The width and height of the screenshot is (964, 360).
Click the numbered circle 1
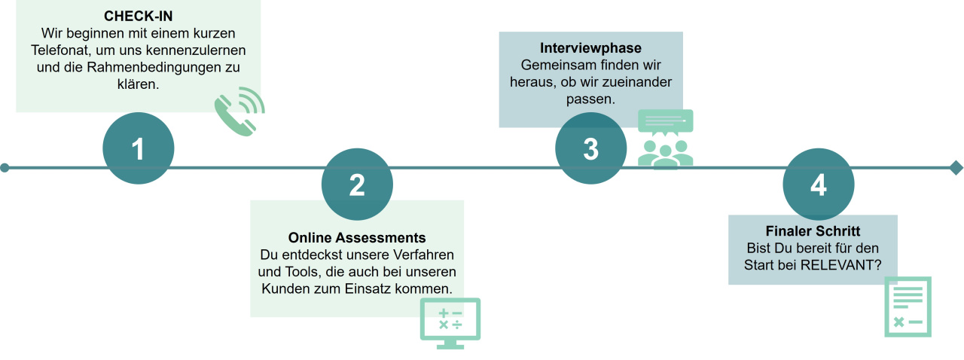pos(138,148)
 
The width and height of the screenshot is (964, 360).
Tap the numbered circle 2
pos(357,185)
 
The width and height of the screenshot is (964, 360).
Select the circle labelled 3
pos(591,148)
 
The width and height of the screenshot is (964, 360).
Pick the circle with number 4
pos(819,185)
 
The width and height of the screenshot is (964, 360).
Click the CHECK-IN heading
pos(138,17)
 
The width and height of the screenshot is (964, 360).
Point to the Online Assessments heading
pos(357,238)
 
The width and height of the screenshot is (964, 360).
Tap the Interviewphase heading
pos(590,47)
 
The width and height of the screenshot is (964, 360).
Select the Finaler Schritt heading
pos(813,231)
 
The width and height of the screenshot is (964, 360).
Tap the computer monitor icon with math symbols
pos(450,323)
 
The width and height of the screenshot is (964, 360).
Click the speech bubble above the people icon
pos(665,121)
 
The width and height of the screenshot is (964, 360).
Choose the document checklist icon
pos(908,307)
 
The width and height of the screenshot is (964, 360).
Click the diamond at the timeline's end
pos(956,168)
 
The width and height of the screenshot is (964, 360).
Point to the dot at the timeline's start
pos(5,168)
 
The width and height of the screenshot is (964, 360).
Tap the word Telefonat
pos(59,50)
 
